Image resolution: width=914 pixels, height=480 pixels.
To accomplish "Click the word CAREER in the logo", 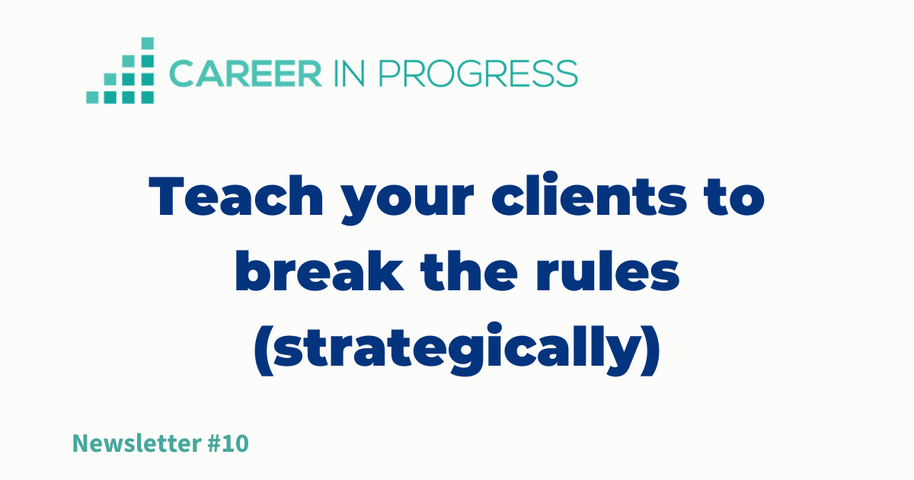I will pyautogui.click(x=245, y=73).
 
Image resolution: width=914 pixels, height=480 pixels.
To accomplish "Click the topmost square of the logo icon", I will pyautogui.click(x=148, y=43).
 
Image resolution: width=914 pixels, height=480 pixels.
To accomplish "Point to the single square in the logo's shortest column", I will pyautogui.click(x=92, y=98).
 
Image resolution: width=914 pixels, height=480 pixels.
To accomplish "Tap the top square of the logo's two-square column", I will pyautogui.click(x=110, y=79).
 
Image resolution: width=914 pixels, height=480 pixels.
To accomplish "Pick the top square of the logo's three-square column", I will pyautogui.click(x=129, y=61).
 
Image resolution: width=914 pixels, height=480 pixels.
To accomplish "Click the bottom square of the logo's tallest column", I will pyautogui.click(x=148, y=98).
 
